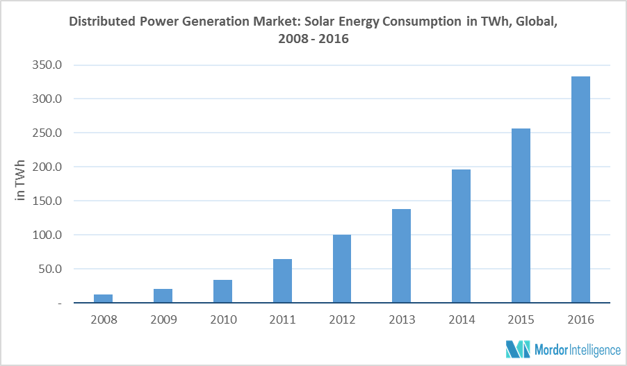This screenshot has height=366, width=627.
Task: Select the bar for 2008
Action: (104, 299)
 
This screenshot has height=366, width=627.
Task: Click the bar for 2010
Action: (223, 292)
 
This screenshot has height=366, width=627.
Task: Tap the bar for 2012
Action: (342, 269)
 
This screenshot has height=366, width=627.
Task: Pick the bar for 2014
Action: (462, 236)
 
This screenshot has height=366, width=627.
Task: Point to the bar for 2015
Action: (521, 216)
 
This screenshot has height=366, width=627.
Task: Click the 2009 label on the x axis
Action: (163, 320)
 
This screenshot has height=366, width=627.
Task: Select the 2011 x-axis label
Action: (282, 320)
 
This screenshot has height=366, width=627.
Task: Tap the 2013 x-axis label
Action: (402, 320)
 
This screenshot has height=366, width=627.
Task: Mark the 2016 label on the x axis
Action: (580, 320)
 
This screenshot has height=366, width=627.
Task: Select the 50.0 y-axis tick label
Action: (51, 269)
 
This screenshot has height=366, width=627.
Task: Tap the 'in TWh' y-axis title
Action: (21, 182)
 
